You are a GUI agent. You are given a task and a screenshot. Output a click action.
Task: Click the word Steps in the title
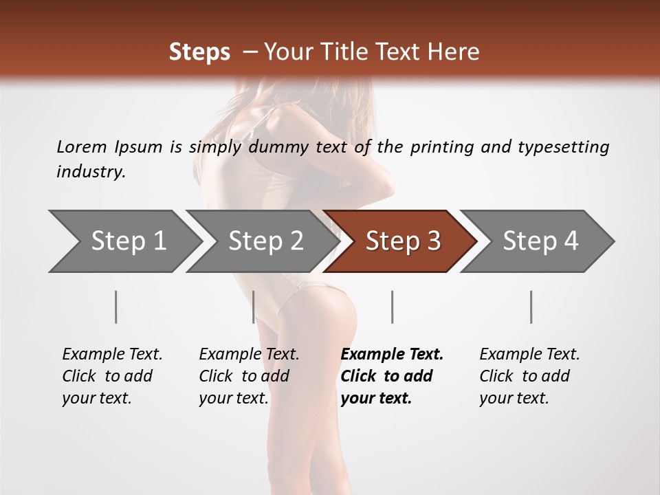[199, 52]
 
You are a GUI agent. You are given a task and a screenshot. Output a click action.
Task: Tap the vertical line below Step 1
[116, 307]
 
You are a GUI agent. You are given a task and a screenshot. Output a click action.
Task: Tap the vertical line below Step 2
[254, 307]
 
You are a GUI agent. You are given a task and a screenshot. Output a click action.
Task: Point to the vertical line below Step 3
[393, 307]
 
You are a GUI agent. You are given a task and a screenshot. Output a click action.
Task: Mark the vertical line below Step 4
[531, 307]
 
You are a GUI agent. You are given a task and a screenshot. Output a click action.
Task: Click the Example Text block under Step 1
[112, 375]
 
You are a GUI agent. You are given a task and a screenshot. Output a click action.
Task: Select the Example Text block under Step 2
[249, 375]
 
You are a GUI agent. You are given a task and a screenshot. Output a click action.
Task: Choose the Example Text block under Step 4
[529, 375]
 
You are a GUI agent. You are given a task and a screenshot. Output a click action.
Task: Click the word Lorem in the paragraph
[82, 147]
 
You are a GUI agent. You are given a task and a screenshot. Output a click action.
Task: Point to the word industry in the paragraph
[91, 172]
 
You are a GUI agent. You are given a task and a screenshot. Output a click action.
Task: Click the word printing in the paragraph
[440, 147]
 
